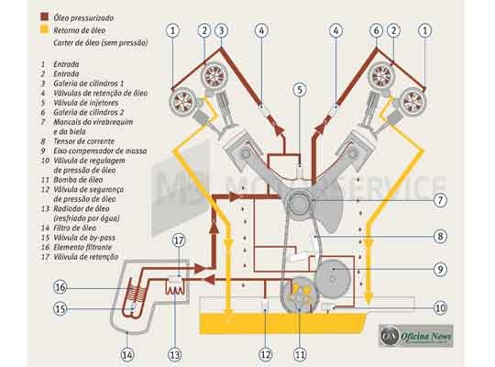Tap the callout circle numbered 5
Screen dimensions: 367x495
[299, 90]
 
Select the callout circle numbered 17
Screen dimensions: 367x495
[180, 241]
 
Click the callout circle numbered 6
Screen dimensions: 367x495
[375, 30]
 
